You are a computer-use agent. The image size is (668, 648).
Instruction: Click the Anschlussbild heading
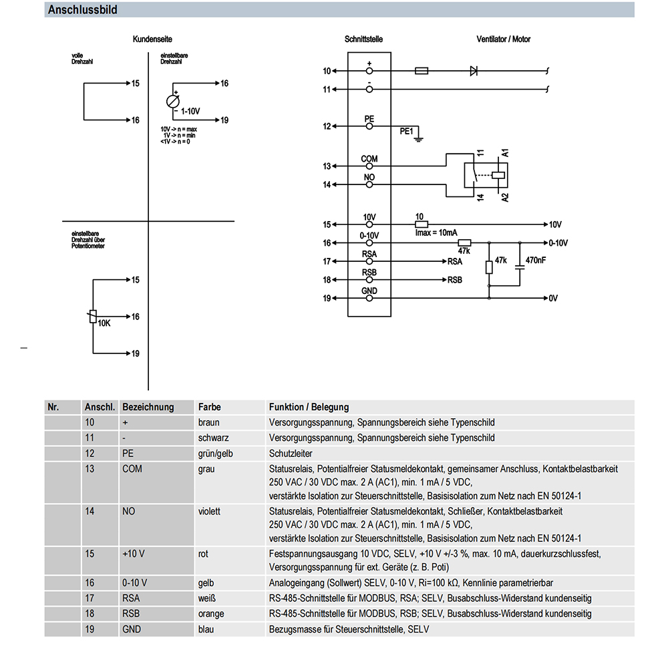click(83, 10)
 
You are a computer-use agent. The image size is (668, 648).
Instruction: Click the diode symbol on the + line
click(474, 71)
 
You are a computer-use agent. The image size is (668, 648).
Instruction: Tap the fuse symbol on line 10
click(422, 71)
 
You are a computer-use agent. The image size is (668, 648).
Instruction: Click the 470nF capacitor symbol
click(520, 267)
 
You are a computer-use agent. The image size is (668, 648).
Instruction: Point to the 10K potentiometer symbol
click(93, 317)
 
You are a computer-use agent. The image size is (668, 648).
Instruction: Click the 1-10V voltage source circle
click(173, 102)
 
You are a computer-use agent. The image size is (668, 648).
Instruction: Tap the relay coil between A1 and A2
click(498, 174)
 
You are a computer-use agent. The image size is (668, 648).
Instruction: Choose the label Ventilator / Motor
click(503, 39)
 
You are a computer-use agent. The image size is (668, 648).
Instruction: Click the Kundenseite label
click(152, 39)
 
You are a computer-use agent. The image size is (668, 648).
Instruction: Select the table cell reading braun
click(208, 423)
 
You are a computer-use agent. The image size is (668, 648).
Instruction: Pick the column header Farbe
click(210, 408)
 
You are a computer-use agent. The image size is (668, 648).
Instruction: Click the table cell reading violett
click(209, 511)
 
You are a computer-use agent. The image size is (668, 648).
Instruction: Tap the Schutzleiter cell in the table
click(291, 454)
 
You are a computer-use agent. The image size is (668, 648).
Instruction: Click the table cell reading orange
click(211, 614)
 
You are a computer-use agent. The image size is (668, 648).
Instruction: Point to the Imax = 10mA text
click(436, 233)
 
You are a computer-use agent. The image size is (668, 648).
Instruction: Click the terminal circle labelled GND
click(369, 298)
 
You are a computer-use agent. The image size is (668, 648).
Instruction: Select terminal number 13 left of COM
click(327, 166)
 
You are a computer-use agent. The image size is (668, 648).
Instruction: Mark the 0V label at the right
click(553, 298)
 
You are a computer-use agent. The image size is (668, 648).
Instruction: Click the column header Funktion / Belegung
click(309, 408)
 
